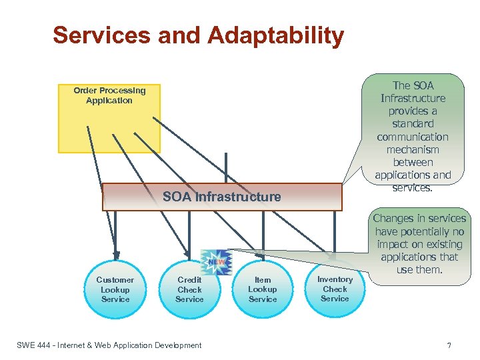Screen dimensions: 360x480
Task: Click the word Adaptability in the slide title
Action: (x=277, y=35)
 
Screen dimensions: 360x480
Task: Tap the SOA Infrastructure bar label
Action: (x=222, y=197)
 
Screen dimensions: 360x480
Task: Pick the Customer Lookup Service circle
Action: (x=115, y=289)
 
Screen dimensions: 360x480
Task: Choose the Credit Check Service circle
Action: (x=189, y=289)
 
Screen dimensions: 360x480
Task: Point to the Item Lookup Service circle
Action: (x=263, y=289)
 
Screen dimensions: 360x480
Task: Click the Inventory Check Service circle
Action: (x=335, y=289)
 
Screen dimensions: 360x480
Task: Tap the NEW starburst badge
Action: (x=217, y=261)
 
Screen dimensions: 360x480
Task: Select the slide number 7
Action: (x=449, y=345)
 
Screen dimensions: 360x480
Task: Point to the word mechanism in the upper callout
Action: (x=413, y=149)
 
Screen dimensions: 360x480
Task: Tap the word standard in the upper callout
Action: (x=413, y=124)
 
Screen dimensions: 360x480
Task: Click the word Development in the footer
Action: (x=177, y=345)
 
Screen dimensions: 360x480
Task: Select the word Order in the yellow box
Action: (x=85, y=90)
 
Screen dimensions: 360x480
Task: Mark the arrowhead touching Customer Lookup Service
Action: (x=116, y=254)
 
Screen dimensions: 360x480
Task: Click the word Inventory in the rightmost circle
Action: (x=335, y=279)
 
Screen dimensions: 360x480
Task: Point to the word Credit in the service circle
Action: (x=189, y=280)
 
